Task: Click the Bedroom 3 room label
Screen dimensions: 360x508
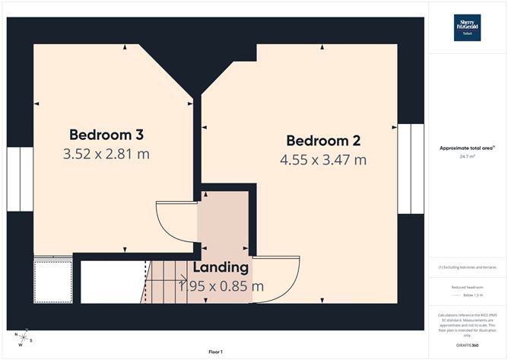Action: pyautogui.click(x=106, y=135)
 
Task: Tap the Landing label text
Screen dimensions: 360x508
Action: pyautogui.click(x=221, y=268)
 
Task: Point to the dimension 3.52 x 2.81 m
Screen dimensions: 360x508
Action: pyautogui.click(x=106, y=154)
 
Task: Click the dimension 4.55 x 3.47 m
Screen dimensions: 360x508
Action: pyautogui.click(x=322, y=160)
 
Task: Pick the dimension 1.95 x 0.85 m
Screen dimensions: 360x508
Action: pyautogui.click(x=221, y=286)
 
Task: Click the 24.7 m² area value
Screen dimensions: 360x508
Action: pyautogui.click(x=467, y=157)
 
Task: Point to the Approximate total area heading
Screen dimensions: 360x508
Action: pyautogui.click(x=467, y=148)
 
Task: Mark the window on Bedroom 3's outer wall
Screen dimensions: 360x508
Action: pyautogui.click(x=20, y=179)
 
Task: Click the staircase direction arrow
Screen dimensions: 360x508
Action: pyautogui.click(x=161, y=282)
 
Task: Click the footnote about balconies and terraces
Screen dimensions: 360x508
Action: pyautogui.click(x=467, y=267)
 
